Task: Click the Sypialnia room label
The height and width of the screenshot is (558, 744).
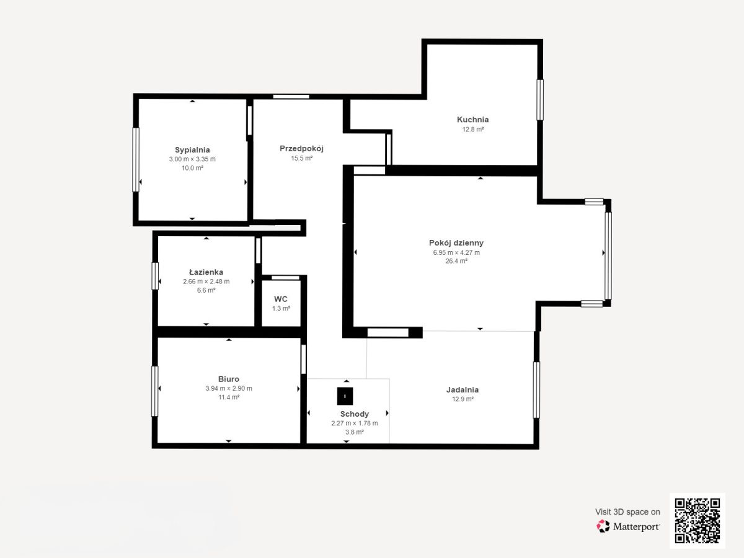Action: point(192,150)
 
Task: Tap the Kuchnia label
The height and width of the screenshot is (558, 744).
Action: point(472,120)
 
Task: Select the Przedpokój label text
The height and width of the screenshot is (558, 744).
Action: point(301,149)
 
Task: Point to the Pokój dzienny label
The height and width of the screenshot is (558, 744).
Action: point(456,243)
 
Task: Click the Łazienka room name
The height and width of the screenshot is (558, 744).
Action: point(206,272)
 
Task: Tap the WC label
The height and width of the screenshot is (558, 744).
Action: point(281,299)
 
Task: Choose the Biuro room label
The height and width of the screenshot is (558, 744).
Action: point(229,379)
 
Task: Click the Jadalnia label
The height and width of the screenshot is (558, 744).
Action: point(463,390)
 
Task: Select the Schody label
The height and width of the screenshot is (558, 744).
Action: point(355,414)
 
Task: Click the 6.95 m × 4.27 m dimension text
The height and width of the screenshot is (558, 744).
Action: point(456,252)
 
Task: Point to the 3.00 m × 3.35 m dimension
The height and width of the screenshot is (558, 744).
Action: point(192,159)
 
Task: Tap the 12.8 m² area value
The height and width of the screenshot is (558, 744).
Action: point(473,130)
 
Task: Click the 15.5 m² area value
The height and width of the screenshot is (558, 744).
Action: point(302,158)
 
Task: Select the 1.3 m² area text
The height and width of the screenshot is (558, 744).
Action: point(281,309)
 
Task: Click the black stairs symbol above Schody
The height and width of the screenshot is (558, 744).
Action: point(345,396)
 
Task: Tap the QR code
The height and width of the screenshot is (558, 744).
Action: point(697,521)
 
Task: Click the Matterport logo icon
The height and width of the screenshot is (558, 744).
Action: point(603,526)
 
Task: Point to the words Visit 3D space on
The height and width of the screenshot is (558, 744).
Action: point(627,512)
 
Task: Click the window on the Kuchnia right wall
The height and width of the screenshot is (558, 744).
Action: point(540,100)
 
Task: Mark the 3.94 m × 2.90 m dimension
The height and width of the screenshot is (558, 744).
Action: point(229,389)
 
